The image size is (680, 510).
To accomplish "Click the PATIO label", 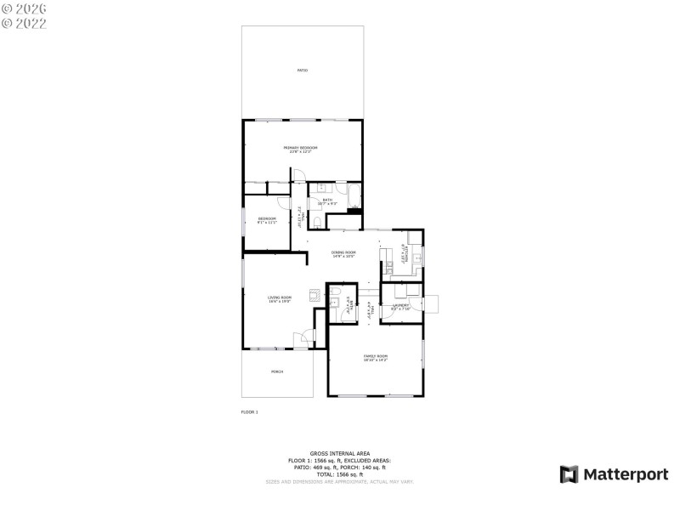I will coord(303,71).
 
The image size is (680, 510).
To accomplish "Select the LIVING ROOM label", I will coord(280,298).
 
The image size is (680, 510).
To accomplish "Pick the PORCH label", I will coord(277,372).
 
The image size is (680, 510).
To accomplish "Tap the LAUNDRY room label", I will coord(400,306).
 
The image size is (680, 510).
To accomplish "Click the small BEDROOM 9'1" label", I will coord(268,220).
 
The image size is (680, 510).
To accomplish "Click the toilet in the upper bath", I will coord(316,222).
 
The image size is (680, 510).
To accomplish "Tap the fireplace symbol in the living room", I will coord(314,296).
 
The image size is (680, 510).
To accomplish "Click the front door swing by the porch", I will coord(300,340).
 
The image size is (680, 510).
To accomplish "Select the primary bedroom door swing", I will coord(299,175).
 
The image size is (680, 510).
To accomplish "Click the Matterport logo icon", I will coord(569,474).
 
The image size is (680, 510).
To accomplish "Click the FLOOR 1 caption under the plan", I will coord(250,412).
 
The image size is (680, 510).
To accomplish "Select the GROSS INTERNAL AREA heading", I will coord(339,454).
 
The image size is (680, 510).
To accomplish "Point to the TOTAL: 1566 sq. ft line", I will coord(339,474).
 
